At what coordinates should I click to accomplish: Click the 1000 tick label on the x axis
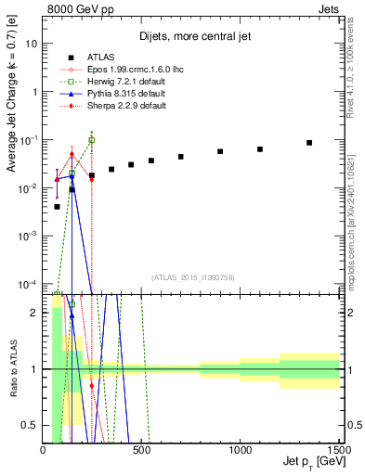point(241,450)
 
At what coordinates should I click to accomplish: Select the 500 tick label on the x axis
point(141,450)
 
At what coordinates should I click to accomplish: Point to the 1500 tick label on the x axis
point(338,450)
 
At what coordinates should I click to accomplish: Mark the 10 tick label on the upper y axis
point(32,44)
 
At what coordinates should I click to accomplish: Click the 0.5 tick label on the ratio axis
point(30,425)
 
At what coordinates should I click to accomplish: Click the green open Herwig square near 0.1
point(92,140)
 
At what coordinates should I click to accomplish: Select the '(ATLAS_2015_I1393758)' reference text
point(192,277)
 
